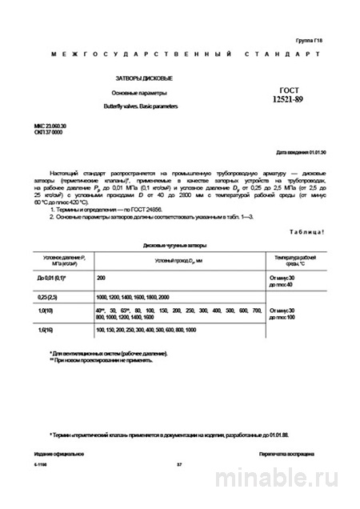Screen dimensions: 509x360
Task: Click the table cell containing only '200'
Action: [x=102, y=277]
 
